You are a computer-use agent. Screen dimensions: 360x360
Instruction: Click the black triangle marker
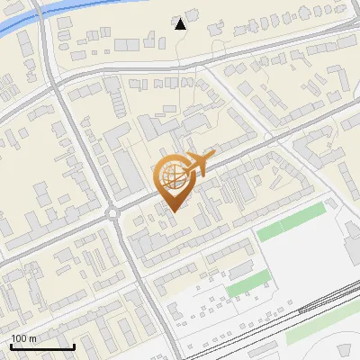180,24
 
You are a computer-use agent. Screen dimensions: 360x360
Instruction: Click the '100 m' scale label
23,338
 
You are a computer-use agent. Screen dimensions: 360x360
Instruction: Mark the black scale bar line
41,346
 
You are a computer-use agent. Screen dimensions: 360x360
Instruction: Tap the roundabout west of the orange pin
112,213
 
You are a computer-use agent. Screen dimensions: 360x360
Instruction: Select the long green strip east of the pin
290,221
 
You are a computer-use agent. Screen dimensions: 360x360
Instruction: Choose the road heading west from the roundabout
54,238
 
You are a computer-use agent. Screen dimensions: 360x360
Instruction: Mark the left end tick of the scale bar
10,346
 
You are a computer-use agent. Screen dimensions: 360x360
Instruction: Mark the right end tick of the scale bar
74,346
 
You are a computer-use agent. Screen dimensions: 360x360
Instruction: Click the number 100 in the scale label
19,338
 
